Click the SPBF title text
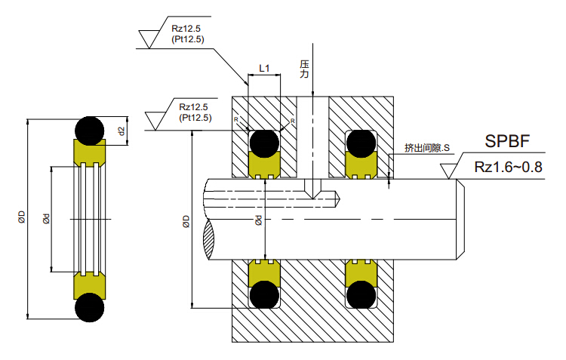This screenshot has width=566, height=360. pyautogui.click(x=507, y=141)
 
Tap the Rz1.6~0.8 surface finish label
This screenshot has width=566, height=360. pyautogui.click(x=509, y=167)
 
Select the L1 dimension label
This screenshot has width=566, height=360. pyautogui.click(x=264, y=69)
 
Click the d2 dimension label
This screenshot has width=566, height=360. pyautogui.click(x=122, y=130)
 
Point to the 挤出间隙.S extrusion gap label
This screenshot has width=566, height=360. pyautogui.click(x=426, y=148)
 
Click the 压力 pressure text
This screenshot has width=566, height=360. pyautogui.click(x=304, y=70)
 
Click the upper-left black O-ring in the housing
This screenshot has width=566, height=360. pyautogui.click(x=264, y=142)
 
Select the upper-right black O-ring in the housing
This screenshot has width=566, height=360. pyautogui.click(x=361, y=142)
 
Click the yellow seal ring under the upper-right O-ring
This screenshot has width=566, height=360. pyautogui.click(x=361, y=165)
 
